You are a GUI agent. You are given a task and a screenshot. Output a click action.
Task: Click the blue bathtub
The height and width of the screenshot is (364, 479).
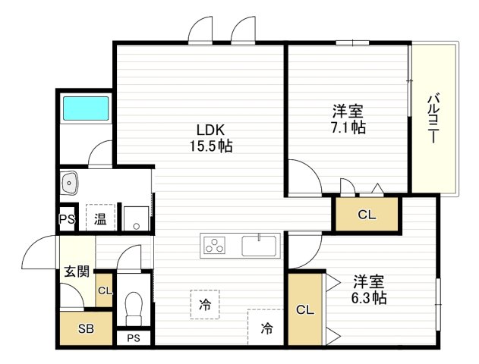pos(86,108)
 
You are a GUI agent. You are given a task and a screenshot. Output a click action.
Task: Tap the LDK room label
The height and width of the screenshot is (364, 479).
pos(211,129)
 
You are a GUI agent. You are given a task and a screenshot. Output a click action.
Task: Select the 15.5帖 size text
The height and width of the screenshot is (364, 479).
pos(211,146)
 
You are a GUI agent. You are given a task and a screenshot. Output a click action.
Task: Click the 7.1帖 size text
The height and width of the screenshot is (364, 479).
pos(349,127)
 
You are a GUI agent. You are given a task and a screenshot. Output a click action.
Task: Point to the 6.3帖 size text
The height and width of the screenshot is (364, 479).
pos(369,298)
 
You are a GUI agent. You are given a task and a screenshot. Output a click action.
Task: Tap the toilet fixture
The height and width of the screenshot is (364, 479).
pos(135,307)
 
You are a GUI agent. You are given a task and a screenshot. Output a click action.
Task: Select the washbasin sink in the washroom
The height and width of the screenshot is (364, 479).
pos(71,183)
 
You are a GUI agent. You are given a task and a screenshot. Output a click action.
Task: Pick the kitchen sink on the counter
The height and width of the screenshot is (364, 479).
pos(259,246)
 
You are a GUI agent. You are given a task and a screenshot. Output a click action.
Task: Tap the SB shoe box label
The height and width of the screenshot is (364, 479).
pos(86,329)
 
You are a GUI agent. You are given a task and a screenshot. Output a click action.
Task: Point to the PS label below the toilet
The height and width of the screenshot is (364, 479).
pos(134,338)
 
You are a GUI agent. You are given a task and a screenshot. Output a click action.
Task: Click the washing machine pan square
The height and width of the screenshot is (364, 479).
pos(137,219)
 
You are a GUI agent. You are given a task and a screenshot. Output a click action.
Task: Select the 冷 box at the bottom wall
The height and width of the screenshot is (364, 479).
pos(266,328)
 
